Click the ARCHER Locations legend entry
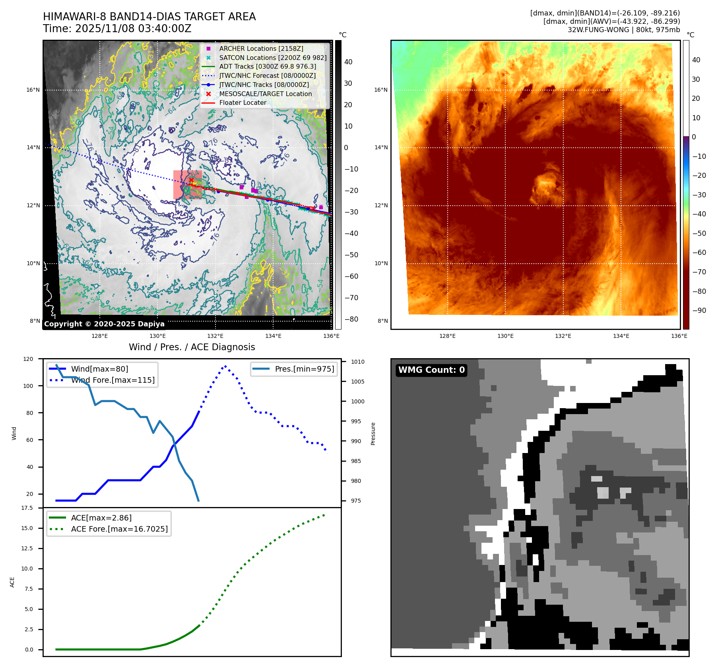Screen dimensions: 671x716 (261, 48)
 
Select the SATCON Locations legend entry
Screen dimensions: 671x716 (273, 58)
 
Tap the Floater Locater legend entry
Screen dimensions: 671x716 (243, 102)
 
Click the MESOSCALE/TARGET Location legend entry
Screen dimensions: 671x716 (265, 94)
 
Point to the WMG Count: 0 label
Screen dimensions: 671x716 (431, 370)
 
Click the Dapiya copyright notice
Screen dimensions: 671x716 (104, 324)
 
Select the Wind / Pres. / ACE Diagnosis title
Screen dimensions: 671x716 (192, 347)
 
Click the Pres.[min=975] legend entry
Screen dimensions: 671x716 (304, 369)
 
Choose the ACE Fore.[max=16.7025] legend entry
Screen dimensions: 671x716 (119, 529)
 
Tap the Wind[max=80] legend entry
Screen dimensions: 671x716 (99, 369)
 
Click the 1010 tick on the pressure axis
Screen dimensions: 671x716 (357, 362)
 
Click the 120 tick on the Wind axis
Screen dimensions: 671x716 (28, 359)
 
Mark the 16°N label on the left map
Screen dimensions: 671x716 (33, 90)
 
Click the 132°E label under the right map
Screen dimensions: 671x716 (563, 336)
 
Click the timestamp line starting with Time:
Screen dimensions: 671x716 (117, 29)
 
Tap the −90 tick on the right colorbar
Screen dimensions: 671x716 (699, 310)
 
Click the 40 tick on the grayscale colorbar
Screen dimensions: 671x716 (348, 62)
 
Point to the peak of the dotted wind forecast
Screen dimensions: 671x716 (225, 366)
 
